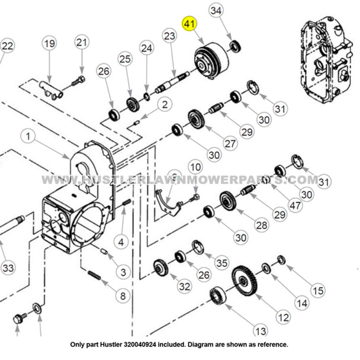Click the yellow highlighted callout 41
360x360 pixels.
click(189, 24)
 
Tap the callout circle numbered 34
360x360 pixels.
click(217, 11)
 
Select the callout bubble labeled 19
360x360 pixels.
click(49, 43)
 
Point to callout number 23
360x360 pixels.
click(169, 36)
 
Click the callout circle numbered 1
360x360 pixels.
click(27, 136)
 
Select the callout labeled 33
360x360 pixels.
click(7, 268)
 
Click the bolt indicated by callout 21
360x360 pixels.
click(78, 80)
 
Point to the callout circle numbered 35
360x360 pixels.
click(221, 262)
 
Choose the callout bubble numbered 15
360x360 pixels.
click(317, 290)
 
